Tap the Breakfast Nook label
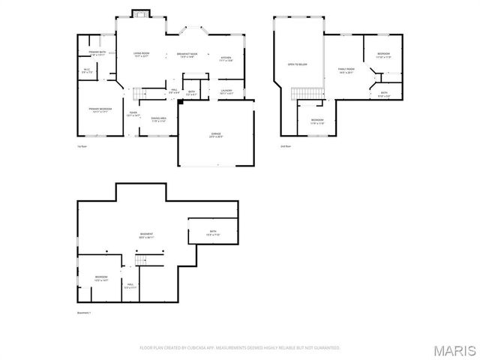point(187,55)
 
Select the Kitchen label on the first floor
point(226,59)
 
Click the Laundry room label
point(226,92)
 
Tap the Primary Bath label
point(97,54)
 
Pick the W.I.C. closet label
point(87,72)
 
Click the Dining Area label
point(158,119)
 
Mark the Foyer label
point(133,115)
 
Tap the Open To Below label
point(298,65)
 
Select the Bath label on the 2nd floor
point(383,94)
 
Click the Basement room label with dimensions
point(146,236)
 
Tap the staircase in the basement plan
point(142,260)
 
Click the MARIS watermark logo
point(457,350)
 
